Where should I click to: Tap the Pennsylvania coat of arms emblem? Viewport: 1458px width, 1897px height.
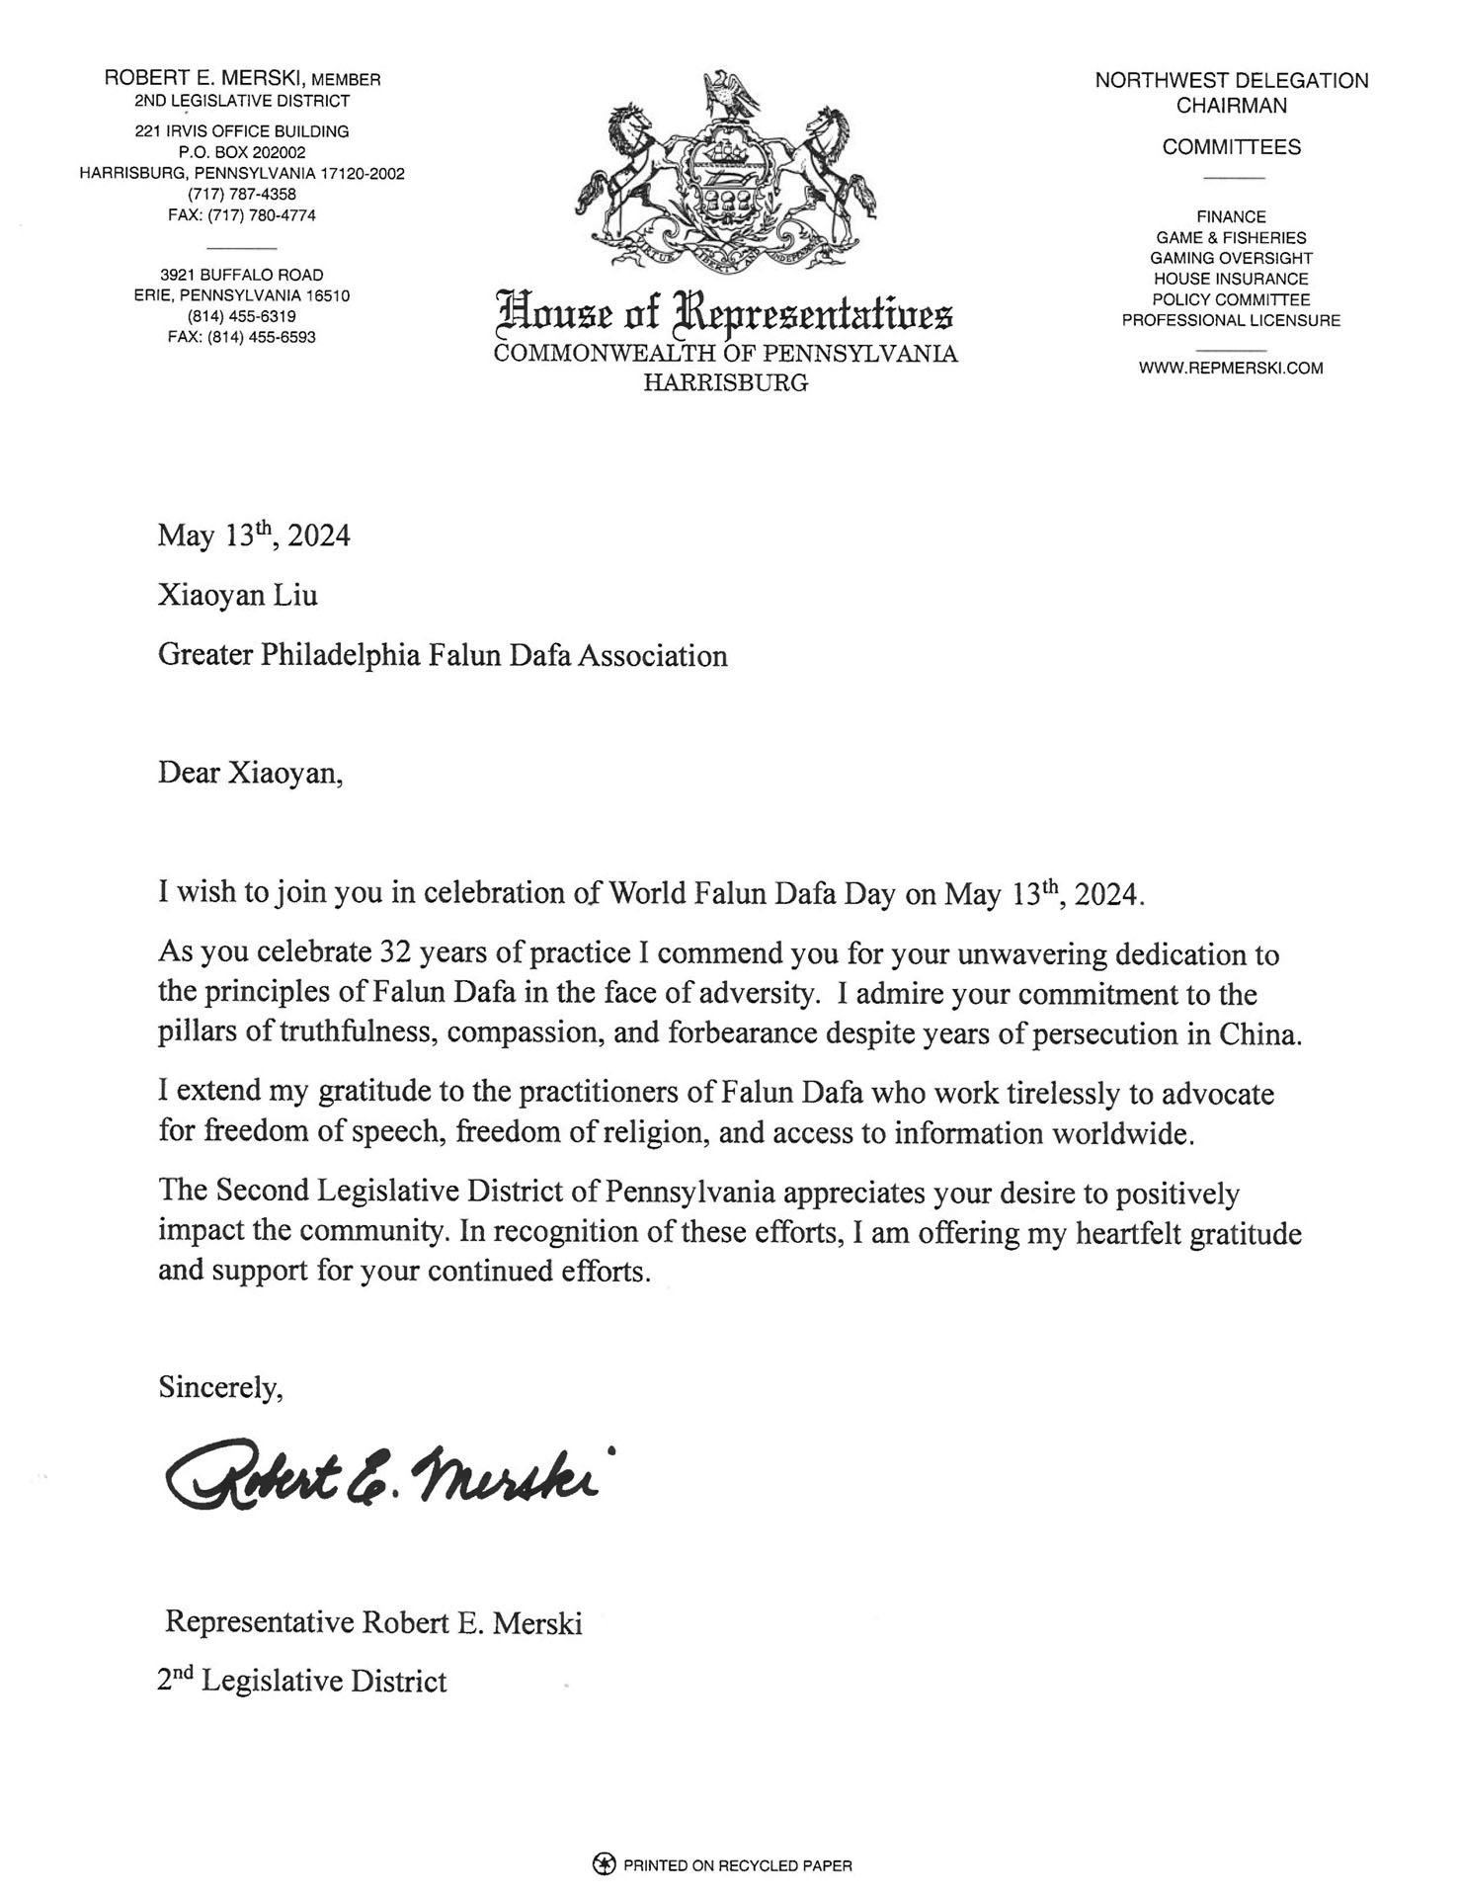point(726,174)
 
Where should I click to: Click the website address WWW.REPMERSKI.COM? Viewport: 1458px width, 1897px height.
point(1231,369)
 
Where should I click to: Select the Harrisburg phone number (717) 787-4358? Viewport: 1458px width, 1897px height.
point(242,195)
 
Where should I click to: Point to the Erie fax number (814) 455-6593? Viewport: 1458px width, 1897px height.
point(242,337)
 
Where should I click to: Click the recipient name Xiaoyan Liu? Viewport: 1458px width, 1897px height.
point(238,597)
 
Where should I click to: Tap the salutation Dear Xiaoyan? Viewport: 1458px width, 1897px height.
point(251,773)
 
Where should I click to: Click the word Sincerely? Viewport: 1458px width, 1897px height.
point(221,1388)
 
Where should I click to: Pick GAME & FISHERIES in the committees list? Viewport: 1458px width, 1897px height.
point(1231,238)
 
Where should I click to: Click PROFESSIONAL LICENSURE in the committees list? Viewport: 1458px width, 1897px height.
point(1231,321)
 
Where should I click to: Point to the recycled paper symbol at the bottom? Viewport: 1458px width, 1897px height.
point(603,1864)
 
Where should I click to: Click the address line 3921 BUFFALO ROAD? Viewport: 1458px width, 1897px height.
point(242,275)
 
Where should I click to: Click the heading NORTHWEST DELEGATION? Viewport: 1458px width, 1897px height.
point(1231,81)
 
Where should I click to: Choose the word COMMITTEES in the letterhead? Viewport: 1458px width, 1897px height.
point(1231,148)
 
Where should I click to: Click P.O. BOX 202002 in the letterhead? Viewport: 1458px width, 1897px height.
point(242,152)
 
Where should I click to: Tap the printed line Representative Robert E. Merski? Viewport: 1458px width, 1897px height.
point(373,1622)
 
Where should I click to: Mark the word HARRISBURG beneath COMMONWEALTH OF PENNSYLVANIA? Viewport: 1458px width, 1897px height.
point(726,383)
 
